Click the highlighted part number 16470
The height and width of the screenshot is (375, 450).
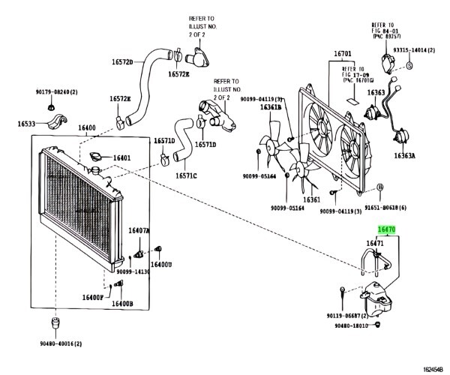(386, 233)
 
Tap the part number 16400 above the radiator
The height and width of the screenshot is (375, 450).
(86, 128)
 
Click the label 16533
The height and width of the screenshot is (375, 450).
(28, 124)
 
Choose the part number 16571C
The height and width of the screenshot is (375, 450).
(186, 176)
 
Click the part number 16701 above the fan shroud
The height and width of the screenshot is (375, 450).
(343, 54)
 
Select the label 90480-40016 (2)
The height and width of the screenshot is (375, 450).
(57, 343)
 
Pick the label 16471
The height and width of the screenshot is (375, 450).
(375, 243)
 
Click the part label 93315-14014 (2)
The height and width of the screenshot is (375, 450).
(414, 49)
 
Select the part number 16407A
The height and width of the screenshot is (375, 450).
(139, 230)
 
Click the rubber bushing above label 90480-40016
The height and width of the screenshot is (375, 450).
(53, 324)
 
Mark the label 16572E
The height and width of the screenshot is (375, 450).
(120, 99)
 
